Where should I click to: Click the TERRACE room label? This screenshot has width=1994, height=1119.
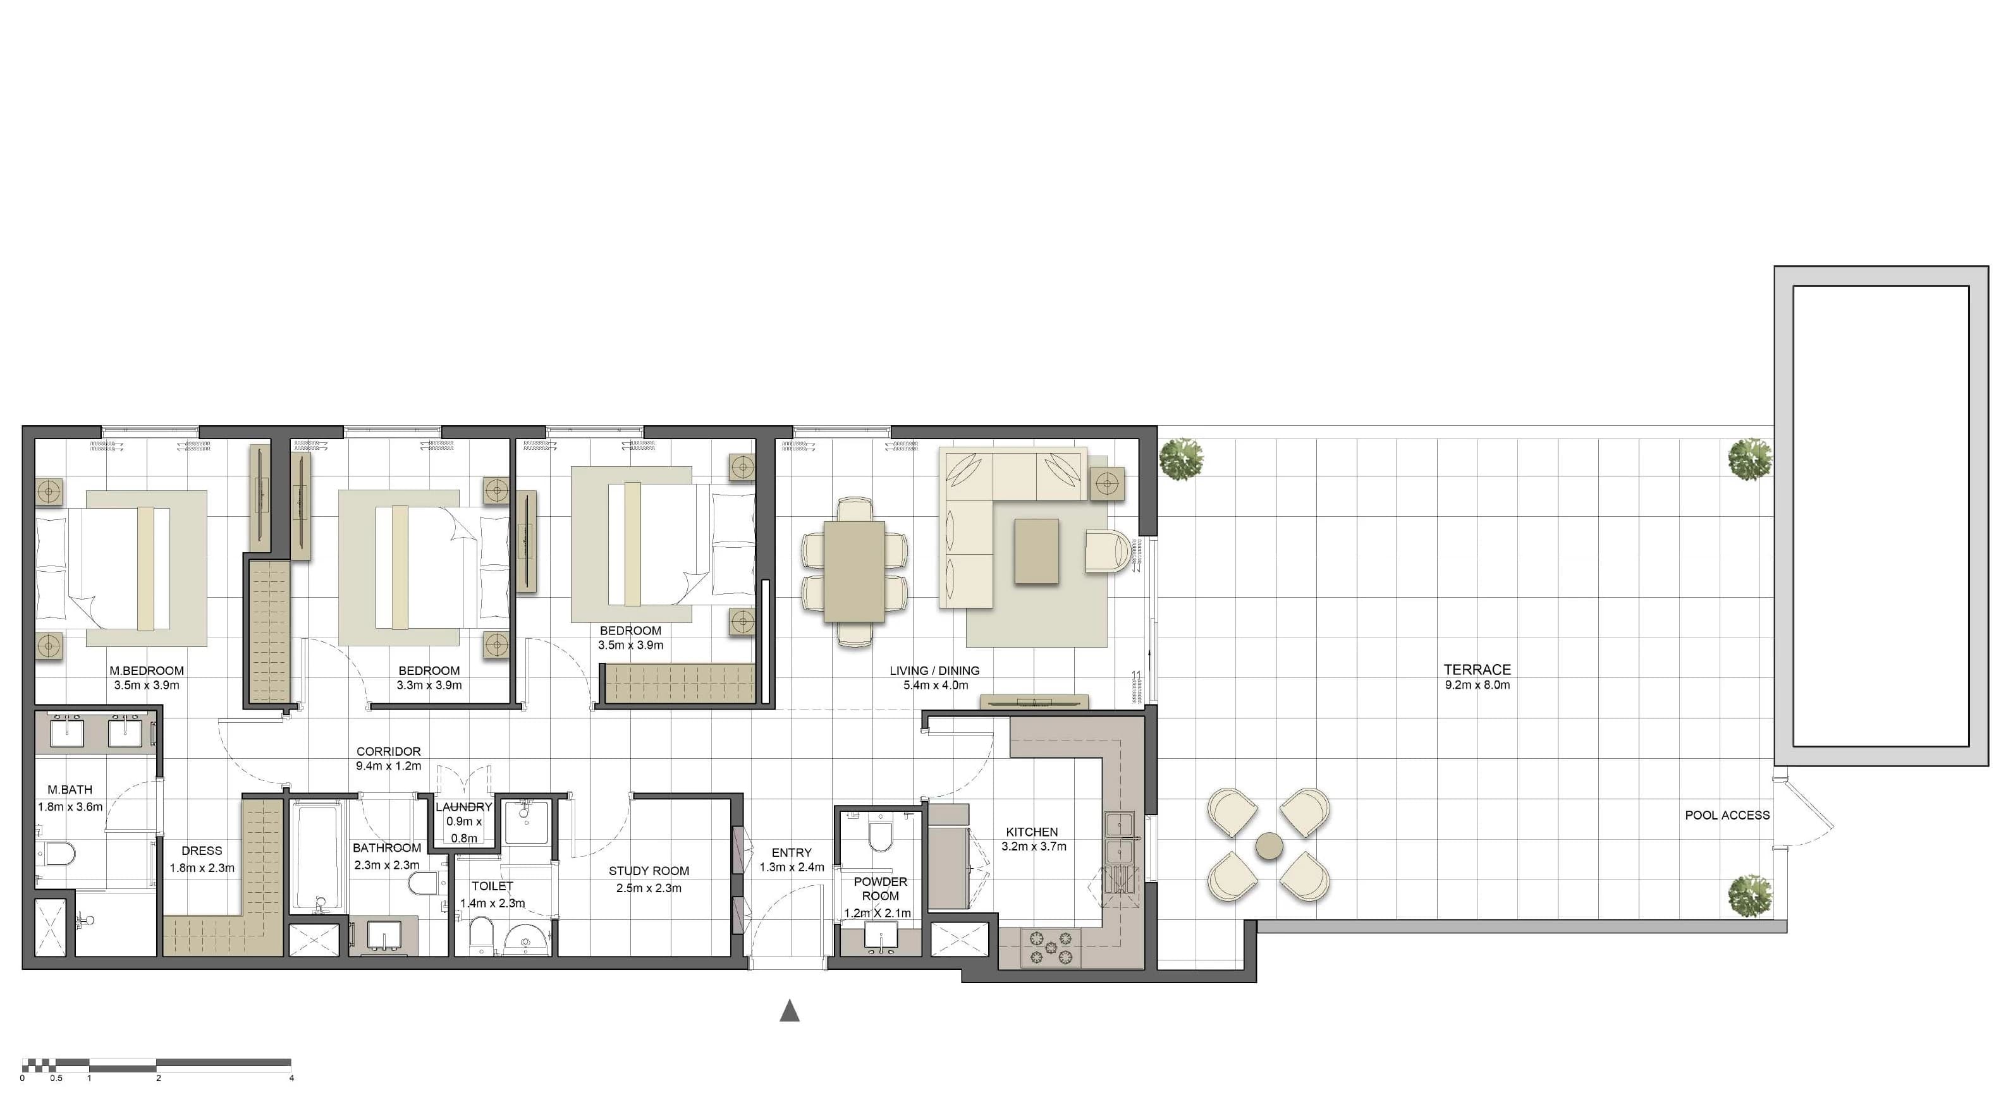pos(1477,669)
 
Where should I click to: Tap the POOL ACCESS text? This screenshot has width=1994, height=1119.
pos(1727,815)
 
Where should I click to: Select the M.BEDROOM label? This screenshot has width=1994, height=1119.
pos(146,671)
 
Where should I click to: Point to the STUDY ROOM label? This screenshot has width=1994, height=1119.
pos(649,871)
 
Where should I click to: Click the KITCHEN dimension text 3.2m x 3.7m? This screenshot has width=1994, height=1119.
pos(1034,847)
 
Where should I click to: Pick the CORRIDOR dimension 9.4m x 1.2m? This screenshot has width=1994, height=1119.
pos(389,766)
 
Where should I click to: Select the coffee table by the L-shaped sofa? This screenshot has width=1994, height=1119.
pos(1036,551)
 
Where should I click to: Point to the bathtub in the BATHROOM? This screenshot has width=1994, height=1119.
pos(317,858)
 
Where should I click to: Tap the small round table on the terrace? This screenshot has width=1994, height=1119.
pos(1269,846)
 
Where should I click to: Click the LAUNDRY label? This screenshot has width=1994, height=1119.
pos(463,807)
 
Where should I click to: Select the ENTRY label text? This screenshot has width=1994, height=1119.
pos(791,853)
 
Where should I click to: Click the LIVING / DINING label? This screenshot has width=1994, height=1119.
pos(934,671)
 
